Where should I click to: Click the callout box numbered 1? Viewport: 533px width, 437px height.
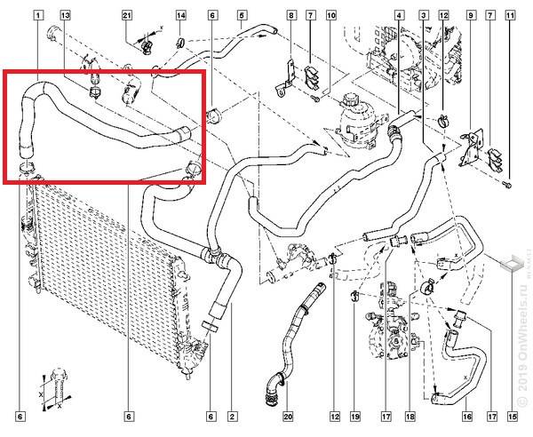click(37, 16)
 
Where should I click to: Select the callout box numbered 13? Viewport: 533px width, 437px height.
click(66, 16)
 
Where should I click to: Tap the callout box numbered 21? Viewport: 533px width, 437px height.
click(127, 16)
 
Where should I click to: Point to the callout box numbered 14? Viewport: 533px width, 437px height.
click(180, 16)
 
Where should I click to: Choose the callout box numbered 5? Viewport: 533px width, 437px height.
click(242, 16)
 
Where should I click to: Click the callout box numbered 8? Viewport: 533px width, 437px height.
click(291, 16)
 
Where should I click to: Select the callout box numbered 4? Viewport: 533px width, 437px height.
click(397, 16)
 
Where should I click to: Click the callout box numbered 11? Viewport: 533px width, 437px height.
click(509, 16)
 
